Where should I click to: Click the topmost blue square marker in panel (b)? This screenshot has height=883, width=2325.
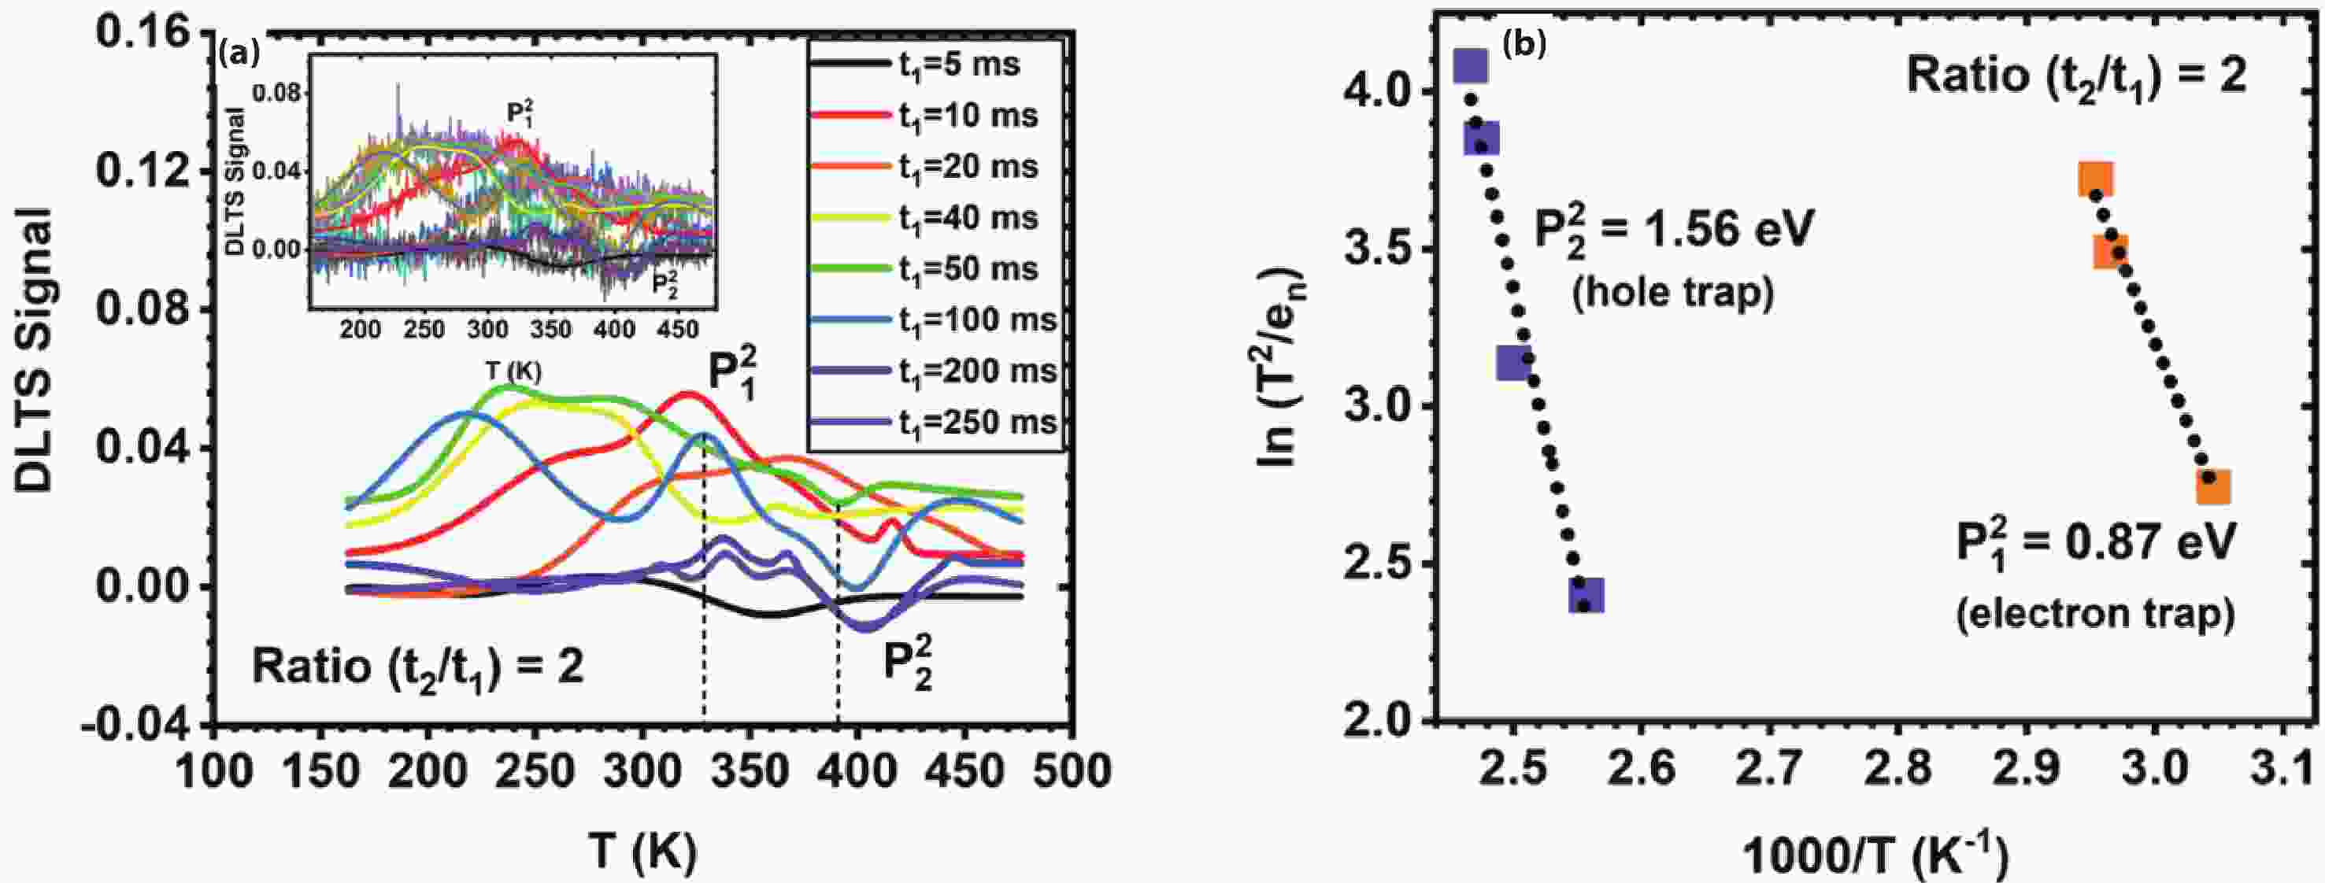(1472, 66)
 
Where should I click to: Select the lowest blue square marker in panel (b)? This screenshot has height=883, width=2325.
(1586, 595)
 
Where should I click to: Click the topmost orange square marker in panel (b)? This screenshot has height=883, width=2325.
(2096, 179)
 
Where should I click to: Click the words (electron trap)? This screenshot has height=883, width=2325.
(2095, 613)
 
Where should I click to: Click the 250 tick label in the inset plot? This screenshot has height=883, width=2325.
(424, 330)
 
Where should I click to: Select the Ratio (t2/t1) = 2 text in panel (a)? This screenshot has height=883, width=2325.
(417, 668)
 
